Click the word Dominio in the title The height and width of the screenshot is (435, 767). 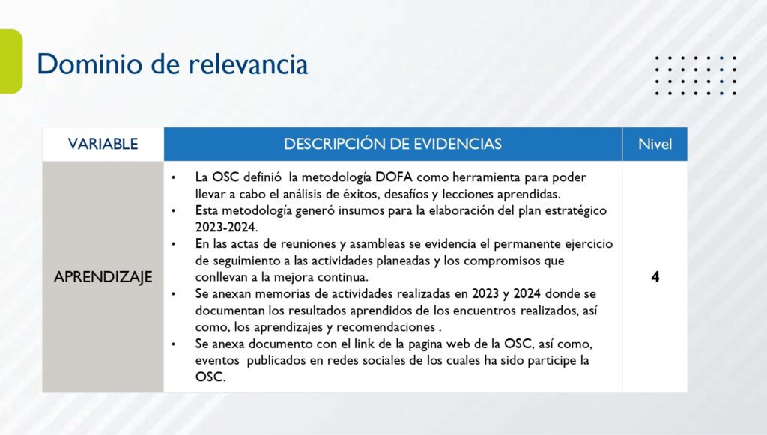pos(90,64)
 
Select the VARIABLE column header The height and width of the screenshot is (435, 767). pos(103,144)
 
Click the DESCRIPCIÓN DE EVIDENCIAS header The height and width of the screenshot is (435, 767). pos(392,144)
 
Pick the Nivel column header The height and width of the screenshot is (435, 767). pos(655,144)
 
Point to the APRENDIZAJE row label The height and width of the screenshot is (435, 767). pos(103,276)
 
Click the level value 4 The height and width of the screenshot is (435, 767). pos(655,276)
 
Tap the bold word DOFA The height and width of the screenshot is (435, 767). pos(394,177)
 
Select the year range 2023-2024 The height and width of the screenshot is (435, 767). pos(226,227)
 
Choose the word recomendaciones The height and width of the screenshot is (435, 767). pos(386,327)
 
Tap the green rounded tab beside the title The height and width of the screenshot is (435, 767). pos(10,61)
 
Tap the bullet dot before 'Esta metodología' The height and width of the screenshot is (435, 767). pos(174,211)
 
